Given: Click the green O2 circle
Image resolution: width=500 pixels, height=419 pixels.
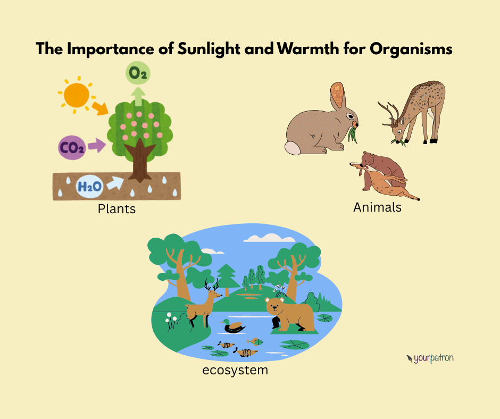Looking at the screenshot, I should pyautogui.click(x=138, y=74).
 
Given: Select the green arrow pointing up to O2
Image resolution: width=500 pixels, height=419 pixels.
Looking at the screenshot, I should pyautogui.click(x=139, y=97).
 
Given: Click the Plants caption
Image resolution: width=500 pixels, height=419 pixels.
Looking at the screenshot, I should pyautogui.click(x=116, y=209).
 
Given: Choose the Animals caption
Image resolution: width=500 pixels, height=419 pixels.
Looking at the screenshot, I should pyautogui.click(x=377, y=207).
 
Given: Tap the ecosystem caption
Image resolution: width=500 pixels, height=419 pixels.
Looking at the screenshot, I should pyautogui.click(x=235, y=369).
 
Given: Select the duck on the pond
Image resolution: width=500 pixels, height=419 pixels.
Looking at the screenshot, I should pyautogui.click(x=235, y=326).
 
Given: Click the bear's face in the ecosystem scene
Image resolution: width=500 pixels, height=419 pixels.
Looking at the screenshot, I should pyautogui.click(x=276, y=306).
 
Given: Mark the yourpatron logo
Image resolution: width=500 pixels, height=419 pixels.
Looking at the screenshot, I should pyautogui.click(x=429, y=358).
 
